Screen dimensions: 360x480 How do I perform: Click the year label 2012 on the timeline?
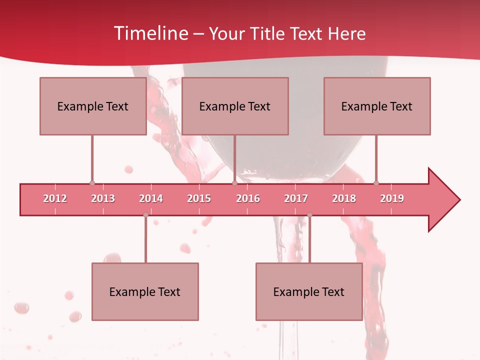click(55, 198)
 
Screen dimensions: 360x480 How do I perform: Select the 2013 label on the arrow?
click(103, 198)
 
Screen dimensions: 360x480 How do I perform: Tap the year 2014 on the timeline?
click(151, 198)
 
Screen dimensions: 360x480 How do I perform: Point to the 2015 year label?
click(199, 198)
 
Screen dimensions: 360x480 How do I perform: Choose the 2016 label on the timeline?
click(248, 198)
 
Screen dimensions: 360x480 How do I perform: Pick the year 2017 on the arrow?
click(296, 198)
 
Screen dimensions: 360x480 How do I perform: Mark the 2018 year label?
click(344, 198)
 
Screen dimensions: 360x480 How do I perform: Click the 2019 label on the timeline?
click(392, 198)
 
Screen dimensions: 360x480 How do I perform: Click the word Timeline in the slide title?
click(150, 33)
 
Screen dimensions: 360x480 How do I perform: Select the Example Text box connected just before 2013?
click(93, 106)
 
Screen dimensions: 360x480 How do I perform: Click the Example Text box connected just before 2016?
click(235, 106)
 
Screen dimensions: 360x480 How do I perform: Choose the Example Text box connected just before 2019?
click(377, 106)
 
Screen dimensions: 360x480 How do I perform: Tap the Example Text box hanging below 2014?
click(145, 291)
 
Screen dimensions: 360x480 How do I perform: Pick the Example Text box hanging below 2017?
click(309, 291)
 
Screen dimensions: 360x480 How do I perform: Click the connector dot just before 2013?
click(92, 183)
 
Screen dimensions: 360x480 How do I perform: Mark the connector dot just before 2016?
click(234, 183)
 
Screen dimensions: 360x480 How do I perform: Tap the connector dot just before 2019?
click(376, 183)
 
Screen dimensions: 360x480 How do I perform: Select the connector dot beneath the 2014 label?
click(145, 215)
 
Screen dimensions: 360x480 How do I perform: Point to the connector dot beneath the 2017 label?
click(309, 215)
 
